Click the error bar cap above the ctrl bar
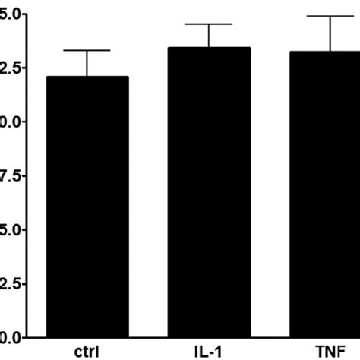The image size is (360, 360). coord(87,50)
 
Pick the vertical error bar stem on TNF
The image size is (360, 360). coord(330,33)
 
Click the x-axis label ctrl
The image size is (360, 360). coord(87,351)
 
